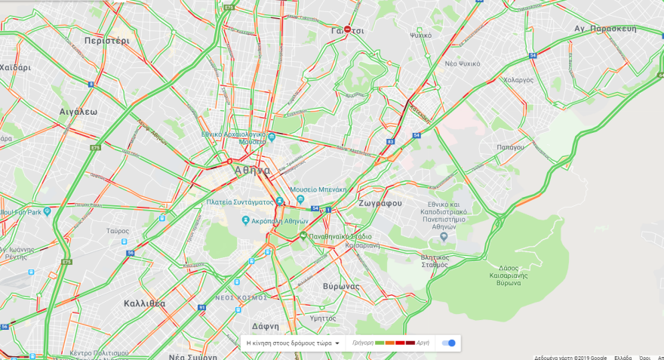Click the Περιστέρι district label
[107, 40]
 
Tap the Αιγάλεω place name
[78, 111]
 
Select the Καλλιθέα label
[144, 303]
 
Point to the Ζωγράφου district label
[380, 203]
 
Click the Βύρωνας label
[341, 286]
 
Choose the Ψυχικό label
[420, 35]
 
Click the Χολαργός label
[518, 79]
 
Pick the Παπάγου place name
[510, 147]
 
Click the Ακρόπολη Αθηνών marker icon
[246, 221]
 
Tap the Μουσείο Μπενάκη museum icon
[300, 199]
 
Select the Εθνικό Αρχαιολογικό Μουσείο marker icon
[272, 137]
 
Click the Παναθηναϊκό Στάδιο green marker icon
[303, 235]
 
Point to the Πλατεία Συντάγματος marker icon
[279, 202]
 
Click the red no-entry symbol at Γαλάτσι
[347, 30]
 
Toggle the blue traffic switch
[448, 343]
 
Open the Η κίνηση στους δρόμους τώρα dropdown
[293, 343]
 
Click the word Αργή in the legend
[423, 343]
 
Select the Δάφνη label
[266, 326]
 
